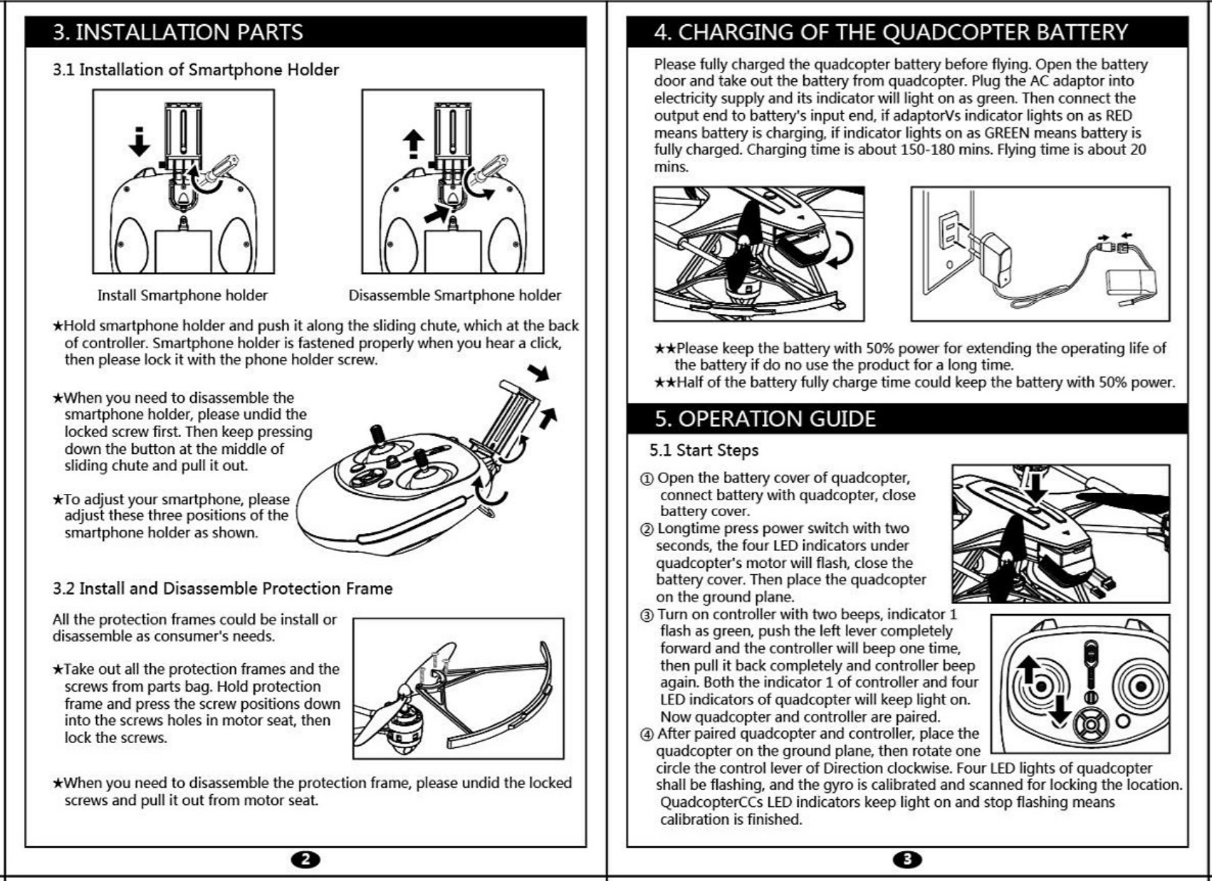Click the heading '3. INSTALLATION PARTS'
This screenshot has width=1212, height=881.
coord(178,32)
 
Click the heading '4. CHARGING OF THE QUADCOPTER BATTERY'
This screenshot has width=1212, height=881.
coord(891,32)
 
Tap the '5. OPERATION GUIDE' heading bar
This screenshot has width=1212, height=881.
coord(766,418)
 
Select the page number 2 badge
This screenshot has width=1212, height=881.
coord(305,859)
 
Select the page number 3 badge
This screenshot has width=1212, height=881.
coord(907,859)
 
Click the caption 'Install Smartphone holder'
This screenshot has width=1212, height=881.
coord(182,295)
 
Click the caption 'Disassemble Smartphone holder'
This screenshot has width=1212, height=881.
coord(454,295)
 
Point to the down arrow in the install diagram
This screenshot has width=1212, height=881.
coord(140,142)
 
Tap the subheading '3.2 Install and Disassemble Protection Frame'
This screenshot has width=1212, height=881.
coord(222,589)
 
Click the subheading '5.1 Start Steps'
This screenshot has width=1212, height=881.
coord(704,450)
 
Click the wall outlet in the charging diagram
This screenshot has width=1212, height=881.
coord(949,231)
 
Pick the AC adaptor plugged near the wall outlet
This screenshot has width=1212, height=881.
coord(995,256)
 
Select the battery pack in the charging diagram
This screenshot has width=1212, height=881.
coord(1131,283)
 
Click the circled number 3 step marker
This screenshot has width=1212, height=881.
coord(647,615)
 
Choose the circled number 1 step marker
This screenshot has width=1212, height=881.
coord(647,478)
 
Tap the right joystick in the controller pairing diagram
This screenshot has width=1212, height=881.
coord(1140,687)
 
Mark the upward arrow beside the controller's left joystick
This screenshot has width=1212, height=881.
coord(1028,670)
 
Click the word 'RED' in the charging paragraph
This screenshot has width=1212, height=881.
coord(1119,115)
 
